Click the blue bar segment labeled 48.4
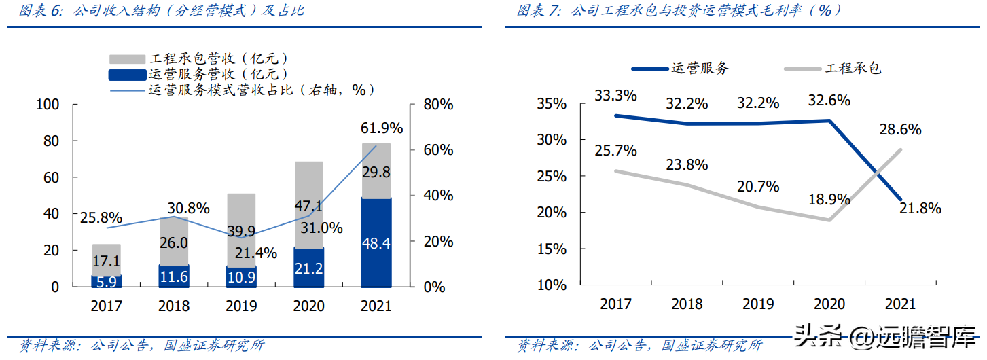pyautogui.click(x=376, y=242)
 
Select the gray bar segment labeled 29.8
pyautogui.click(x=376, y=170)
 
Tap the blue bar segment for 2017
pyautogui.click(x=107, y=281)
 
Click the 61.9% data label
pyautogui.click(x=381, y=128)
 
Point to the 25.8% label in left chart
pyautogui.click(x=101, y=218)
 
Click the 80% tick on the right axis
pyautogui.click(x=437, y=105)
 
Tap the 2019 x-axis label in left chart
pyautogui.click(x=241, y=306)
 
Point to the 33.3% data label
pyautogui.click(x=615, y=95)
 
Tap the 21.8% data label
pyautogui.click(x=919, y=209)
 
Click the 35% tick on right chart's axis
pyautogui.click(x=552, y=105)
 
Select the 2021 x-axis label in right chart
pyautogui.click(x=900, y=304)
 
